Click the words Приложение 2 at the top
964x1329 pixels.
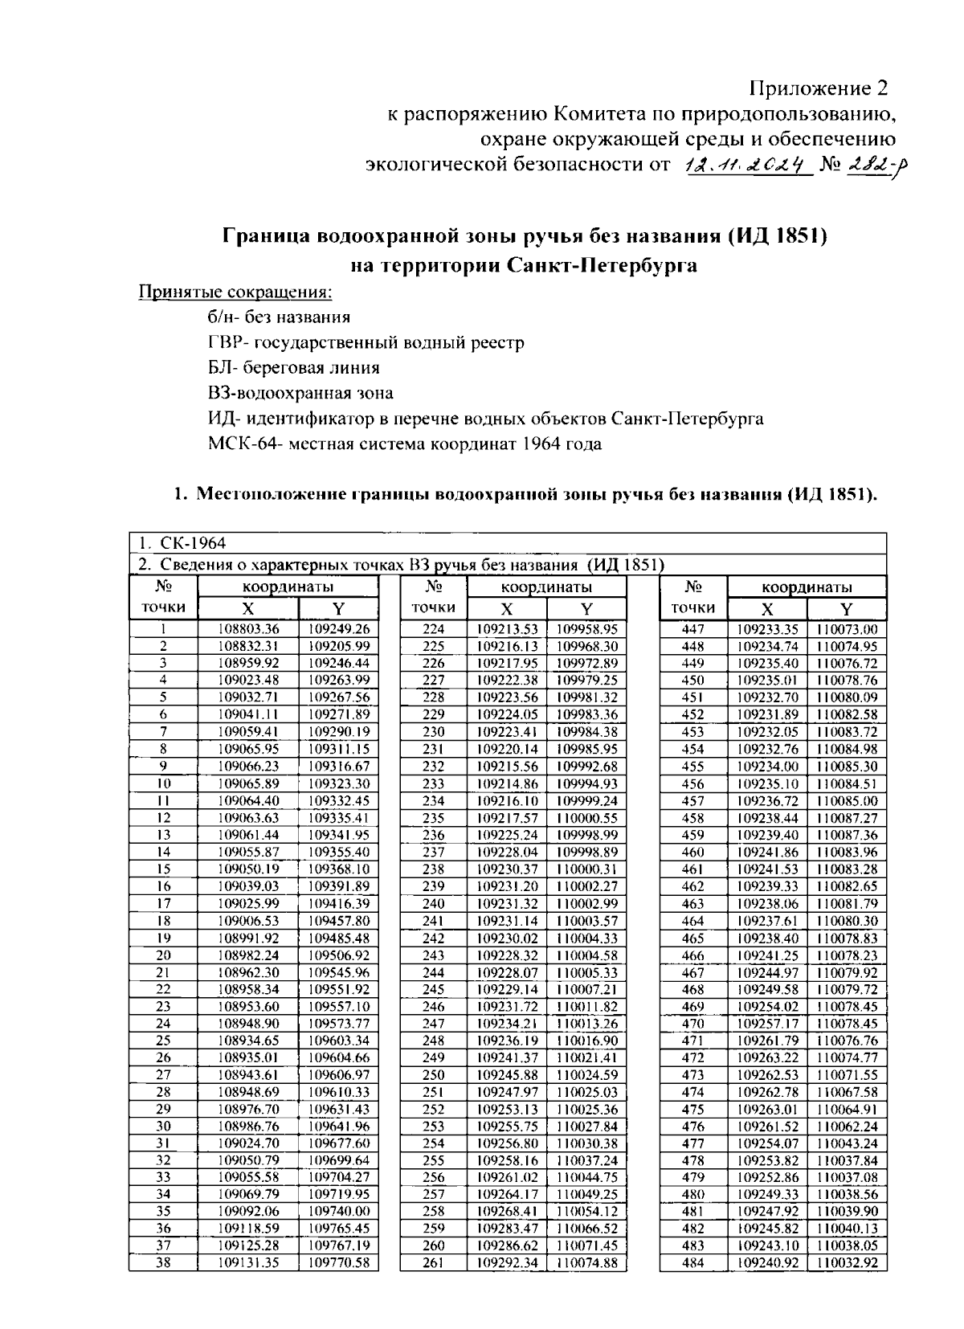(x=820, y=87)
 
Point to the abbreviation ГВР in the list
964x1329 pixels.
(x=223, y=342)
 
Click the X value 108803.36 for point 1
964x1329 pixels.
(x=248, y=629)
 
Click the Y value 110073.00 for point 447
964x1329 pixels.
(x=847, y=629)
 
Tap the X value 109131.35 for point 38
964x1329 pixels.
(x=248, y=1262)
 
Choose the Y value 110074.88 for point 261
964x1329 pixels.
(x=587, y=1262)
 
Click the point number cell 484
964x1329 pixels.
(x=692, y=1262)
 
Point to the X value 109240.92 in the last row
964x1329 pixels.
(x=767, y=1262)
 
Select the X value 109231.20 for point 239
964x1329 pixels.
(x=508, y=885)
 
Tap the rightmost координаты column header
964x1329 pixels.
(x=807, y=587)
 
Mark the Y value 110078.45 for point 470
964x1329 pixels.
(x=847, y=1023)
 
